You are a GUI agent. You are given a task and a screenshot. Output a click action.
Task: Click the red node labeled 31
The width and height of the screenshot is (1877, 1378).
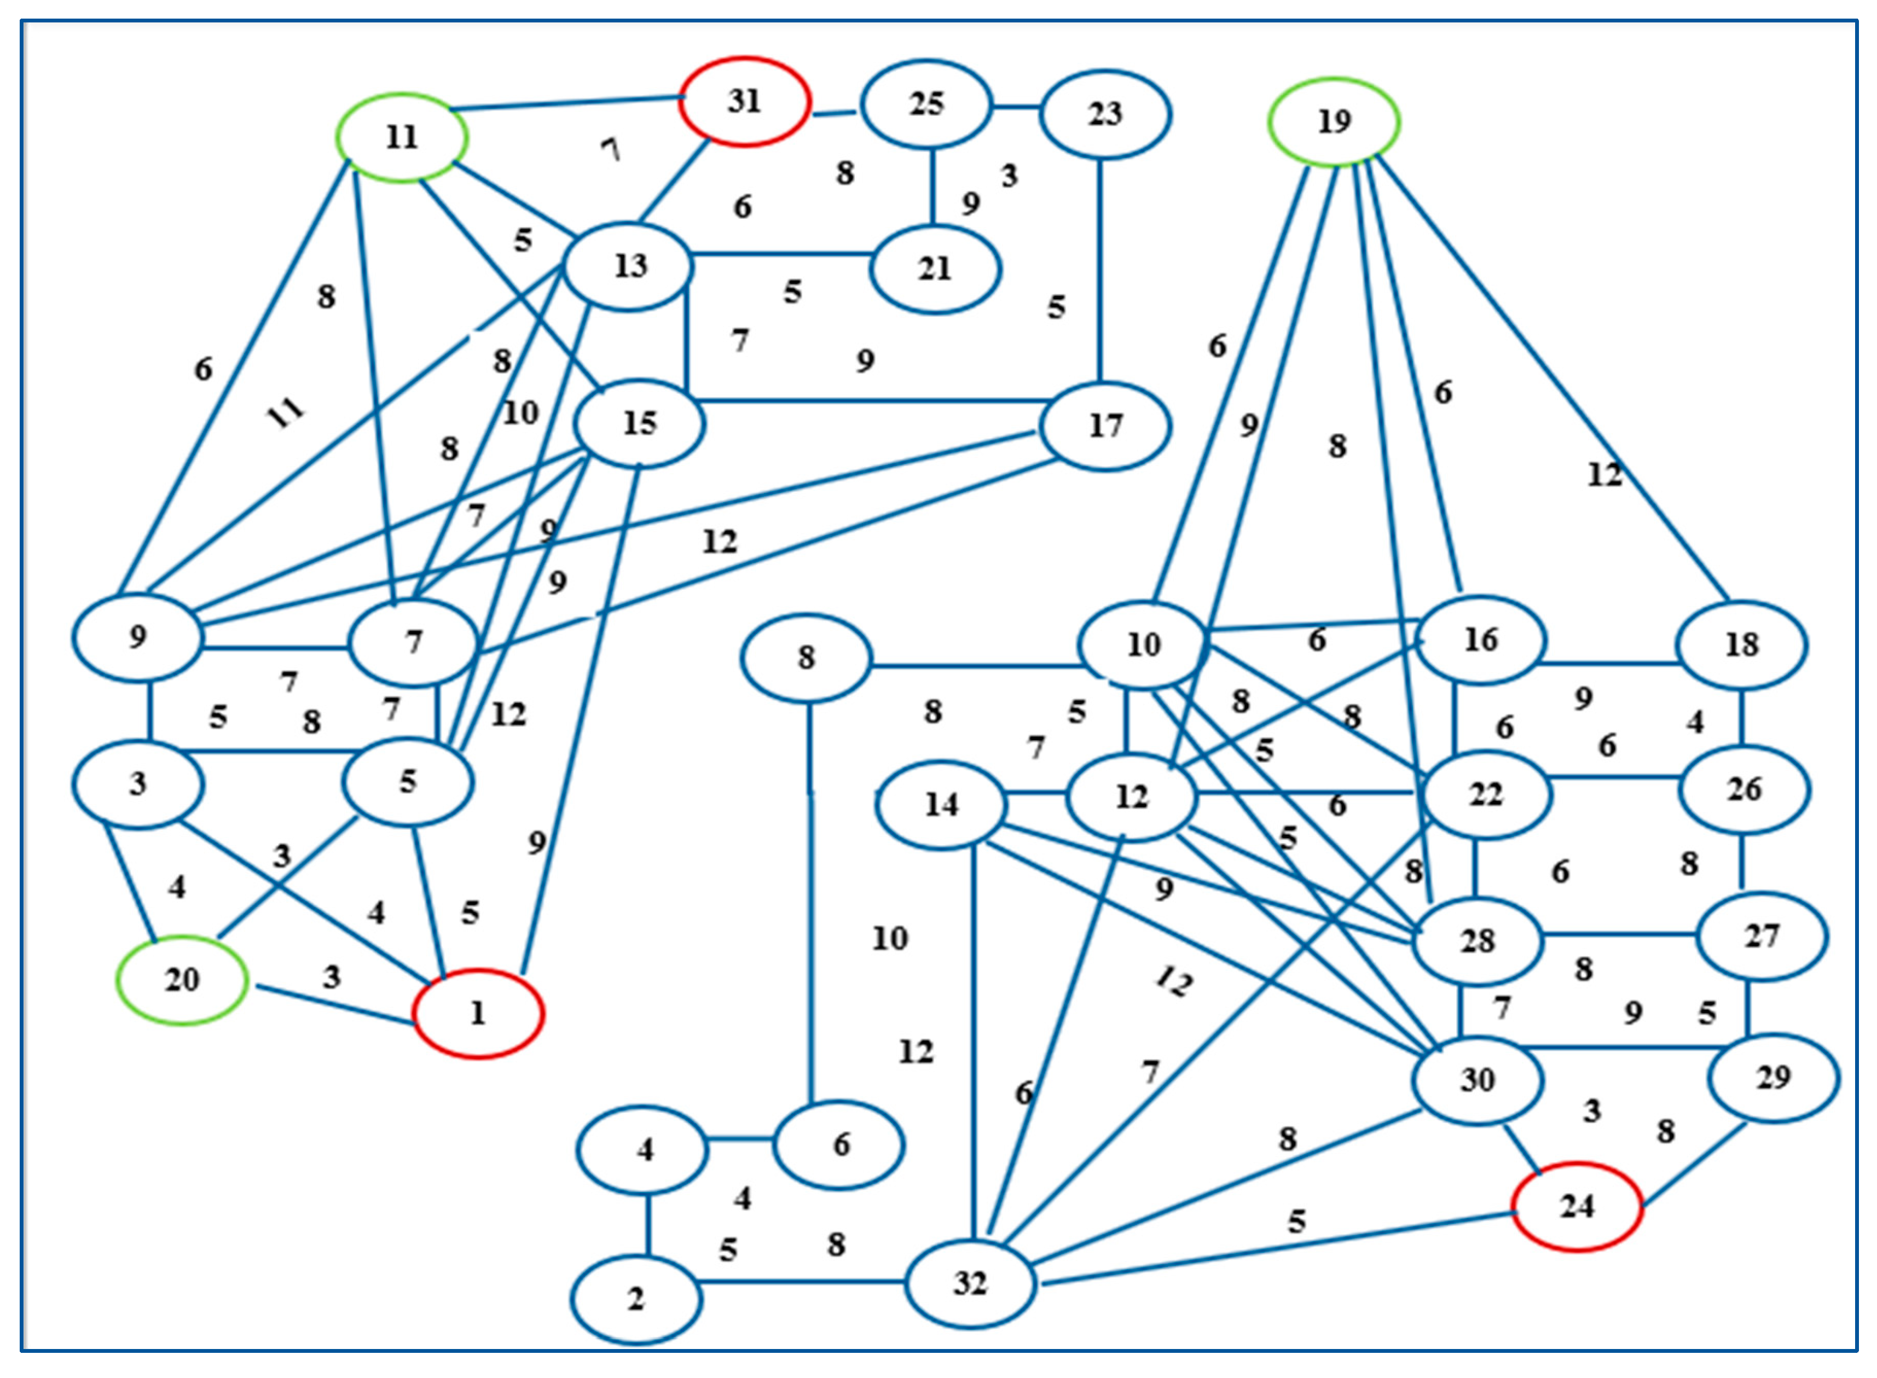(x=744, y=102)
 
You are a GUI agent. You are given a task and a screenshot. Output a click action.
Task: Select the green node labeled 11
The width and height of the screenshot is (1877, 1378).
(x=401, y=137)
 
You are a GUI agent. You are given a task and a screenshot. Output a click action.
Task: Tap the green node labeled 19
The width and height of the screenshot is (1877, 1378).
(x=1333, y=122)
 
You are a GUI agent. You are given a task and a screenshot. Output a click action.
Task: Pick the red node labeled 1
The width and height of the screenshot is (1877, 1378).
(x=478, y=1014)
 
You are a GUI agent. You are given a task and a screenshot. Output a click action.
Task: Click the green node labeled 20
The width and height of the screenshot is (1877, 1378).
(x=182, y=979)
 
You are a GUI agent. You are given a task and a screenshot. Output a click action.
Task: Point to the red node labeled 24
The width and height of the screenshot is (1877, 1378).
(x=1577, y=1207)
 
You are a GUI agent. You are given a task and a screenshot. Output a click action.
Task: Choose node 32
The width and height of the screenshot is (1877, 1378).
(x=970, y=1283)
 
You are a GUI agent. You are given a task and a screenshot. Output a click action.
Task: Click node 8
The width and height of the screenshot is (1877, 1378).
(x=806, y=658)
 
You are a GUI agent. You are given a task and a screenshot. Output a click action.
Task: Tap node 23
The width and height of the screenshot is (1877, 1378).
(x=1104, y=114)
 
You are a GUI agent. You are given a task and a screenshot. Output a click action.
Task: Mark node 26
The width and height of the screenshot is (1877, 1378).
(x=1743, y=789)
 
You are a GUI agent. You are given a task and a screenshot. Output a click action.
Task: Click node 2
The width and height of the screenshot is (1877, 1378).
(x=636, y=1299)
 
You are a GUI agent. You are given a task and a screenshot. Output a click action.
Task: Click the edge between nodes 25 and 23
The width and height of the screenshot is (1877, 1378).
(x=1015, y=107)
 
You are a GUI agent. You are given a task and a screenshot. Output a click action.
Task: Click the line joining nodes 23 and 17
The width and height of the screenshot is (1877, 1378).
(x=1099, y=271)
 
